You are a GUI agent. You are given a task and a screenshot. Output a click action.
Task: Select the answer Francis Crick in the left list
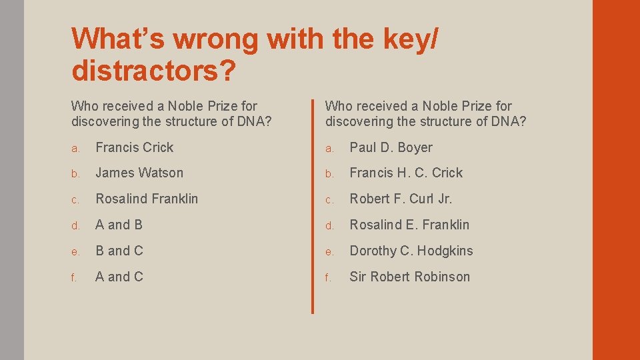(134, 147)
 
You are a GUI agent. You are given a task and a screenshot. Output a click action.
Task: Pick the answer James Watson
(139, 173)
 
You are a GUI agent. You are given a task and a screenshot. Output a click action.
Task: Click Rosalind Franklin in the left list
(147, 199)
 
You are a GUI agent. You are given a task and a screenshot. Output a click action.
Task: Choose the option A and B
(119, 225)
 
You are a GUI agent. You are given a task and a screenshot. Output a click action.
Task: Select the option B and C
(119, 251)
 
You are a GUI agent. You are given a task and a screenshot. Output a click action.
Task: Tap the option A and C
(119, 277)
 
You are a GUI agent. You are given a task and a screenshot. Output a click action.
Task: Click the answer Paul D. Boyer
(391, 147)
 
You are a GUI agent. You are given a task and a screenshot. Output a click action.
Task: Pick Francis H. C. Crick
(406, 173)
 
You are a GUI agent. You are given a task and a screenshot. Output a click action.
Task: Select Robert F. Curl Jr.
(401, 199)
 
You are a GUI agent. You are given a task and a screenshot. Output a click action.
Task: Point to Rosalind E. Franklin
(409, 225)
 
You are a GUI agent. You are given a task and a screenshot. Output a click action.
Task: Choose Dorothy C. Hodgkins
(411, 251)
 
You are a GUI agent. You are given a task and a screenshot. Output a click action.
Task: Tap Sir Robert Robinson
(409, 277)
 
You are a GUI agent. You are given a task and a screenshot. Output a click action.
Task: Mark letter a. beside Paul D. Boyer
(329, 148)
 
